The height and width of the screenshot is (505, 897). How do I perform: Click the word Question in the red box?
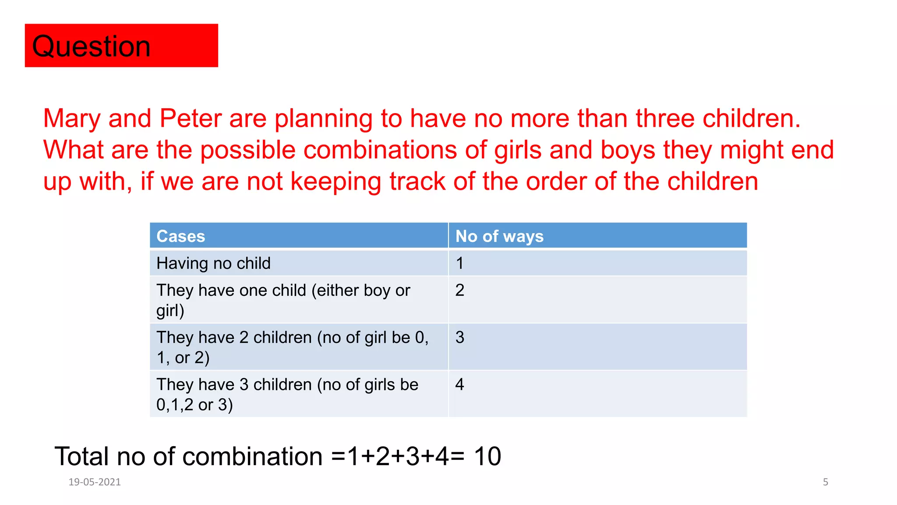pyautogui.click(x=91, y=46)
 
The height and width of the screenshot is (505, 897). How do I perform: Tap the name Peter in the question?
pyautogui.click(x=191, y=118)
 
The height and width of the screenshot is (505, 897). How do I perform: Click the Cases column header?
pyautogui.click(x=180, y=236)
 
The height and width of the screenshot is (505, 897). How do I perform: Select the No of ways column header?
pyautogui.click(x=499, y=236)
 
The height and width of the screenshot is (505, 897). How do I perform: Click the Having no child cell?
pyautogui.click(x=214, y=263)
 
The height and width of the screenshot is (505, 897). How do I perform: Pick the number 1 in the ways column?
pyautogui.click(x=459, y=263)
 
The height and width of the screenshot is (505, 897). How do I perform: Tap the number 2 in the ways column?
pyautogui.click(x=459, y=290)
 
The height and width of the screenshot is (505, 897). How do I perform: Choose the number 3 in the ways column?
pyautogui.click(x=459, y=338)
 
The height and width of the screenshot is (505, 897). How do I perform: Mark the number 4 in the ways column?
pyautogui.click(x=459, y=384)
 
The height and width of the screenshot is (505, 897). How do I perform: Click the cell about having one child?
pyautogui.click(x=283, y=300)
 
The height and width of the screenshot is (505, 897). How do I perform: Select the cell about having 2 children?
pyautogui.click(x=292, y=347)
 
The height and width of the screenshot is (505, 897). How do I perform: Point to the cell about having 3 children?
pyautogui.click(x=287, y=394)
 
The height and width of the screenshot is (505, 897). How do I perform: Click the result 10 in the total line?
pyautogui.click(x=487, y=456)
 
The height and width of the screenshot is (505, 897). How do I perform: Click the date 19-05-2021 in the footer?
pyautogui.click(x=95, y=482)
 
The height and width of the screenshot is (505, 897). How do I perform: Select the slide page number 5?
pyautogui.click(x=826, y=482)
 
